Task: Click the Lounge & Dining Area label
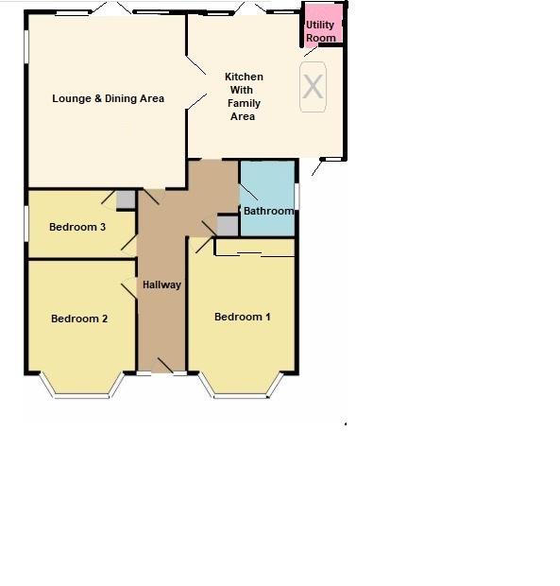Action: (x=108, y=98)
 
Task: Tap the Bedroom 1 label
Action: (x=243, y=317)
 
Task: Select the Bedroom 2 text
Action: (x=79, y=319)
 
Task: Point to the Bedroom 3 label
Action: (x=77, y=227)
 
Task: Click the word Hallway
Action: (x=161, y=284)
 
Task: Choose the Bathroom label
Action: (x=268, y=211)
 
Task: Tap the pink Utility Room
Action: (x=321, y=26)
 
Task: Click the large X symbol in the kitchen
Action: (x=313, y=87)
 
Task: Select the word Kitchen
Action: (x=244, y=77)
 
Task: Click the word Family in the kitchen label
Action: (x=244, y=103)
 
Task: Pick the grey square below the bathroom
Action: (x=228, y=225)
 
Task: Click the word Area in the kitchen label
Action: (x=243, y=116)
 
